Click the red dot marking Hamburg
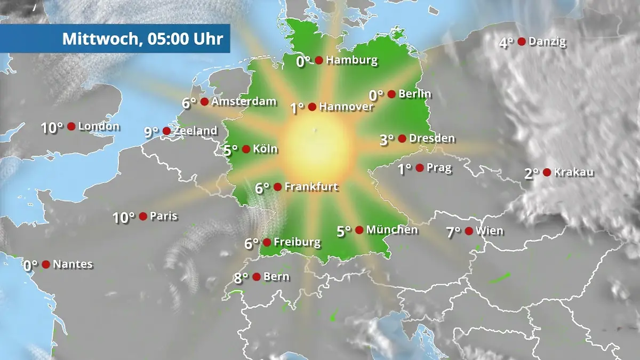(319, 60)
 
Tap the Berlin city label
(415, 94)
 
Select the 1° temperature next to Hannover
(297, 108)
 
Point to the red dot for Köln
(246, 149)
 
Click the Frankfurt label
(311, 187)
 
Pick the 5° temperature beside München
(344, 231)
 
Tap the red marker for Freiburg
(267, 243)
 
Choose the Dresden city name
(432, 139)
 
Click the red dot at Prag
(420, 168)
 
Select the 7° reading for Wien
(454, 232)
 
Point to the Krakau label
(574, 172)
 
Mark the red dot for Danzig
(522, 42)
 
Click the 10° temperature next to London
(52, 128)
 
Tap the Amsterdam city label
(244, 101)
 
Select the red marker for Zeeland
(166, 131)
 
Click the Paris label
(164, 217)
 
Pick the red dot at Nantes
(46, 265)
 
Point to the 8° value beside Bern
(241, 277)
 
